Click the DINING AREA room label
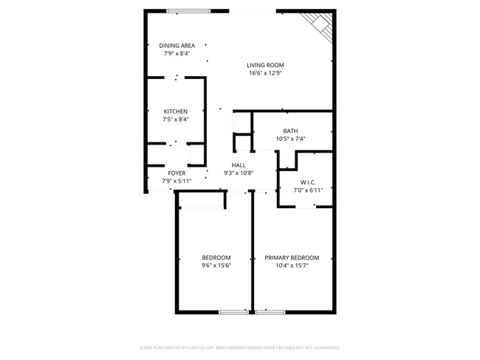(x=176, y=46)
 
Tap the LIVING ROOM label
(x=266, y=65)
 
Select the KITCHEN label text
(x=176, y=111)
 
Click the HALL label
(x=239, y=165)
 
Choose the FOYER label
(x=176, y=173)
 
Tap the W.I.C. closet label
(x=308, y=182)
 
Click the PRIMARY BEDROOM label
(x=292, y=257)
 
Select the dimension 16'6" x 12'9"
(x=266, y=73)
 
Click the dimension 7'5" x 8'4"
(x=176, y=120)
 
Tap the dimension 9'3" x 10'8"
(x=239, y=173)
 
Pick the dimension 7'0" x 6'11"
(x=308, y=190)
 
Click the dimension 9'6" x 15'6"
(x=216, y=266)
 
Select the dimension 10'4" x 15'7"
(x=292, y=266)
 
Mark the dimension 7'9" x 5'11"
(x=176, y=181)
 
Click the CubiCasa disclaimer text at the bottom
(x=240, y=347)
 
